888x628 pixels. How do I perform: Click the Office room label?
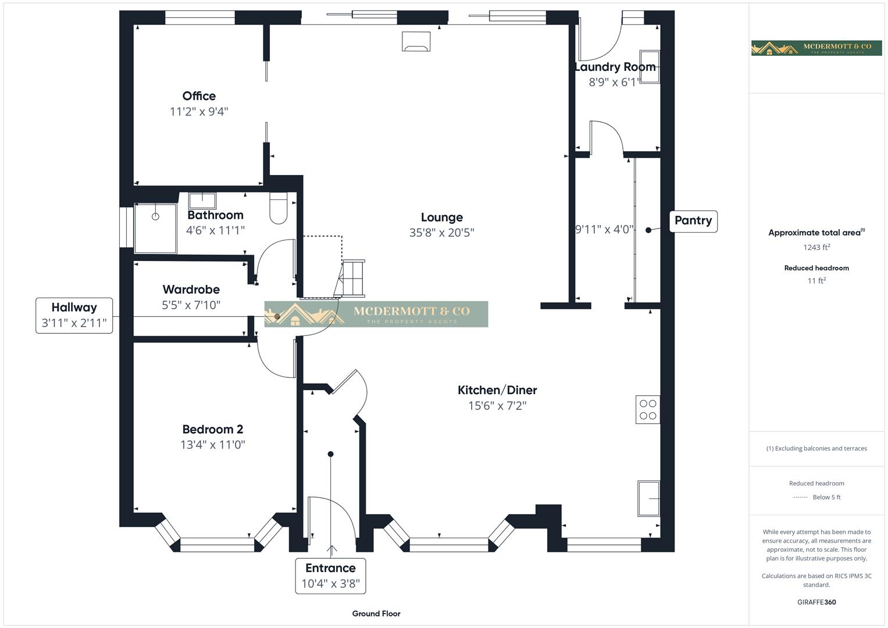tap(199, 96)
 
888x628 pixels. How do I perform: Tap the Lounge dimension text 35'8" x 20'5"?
tap(441, 233)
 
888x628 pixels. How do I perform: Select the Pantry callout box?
tap(693, 221)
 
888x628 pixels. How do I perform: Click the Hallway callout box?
tap(74, 315)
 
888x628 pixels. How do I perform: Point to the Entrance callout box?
tap(330, 576)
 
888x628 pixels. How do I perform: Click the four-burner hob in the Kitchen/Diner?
tap(648, 409)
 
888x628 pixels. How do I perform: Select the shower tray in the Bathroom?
tap(156, 227)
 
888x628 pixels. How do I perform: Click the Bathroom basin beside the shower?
tap(202, 201)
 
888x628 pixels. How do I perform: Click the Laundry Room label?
tap(615, 67)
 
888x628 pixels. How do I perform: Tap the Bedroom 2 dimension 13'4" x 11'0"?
tap(213, 445)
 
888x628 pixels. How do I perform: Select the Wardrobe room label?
tap(191, 289)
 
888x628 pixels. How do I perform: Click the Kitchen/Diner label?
tap(497, 390)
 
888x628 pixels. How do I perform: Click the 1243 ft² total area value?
tap(816, 247)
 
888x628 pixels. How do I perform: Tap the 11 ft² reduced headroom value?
tap(816, 281)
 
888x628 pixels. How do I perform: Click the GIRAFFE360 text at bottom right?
tap(816, 602)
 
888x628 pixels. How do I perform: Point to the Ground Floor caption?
tap(376, 613)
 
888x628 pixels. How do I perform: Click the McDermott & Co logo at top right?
tap(816, 48)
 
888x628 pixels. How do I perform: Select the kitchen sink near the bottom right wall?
tap(648, 498)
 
